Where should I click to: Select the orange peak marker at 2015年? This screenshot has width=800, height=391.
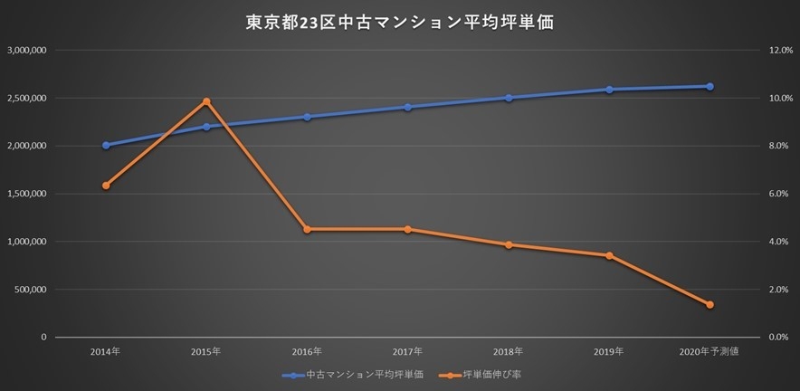point(206,101)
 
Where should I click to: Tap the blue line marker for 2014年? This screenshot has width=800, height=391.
point(106,145)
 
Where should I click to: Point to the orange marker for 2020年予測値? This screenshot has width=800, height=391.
point(710,305)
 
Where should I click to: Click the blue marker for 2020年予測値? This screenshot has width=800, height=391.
point(710,87)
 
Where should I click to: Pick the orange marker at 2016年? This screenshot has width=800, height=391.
point(307,229)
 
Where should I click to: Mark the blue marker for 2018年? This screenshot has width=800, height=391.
point(509,98)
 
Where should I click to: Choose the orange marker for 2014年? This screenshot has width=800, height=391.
point(106,186)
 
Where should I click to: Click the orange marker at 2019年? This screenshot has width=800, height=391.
point(609,255)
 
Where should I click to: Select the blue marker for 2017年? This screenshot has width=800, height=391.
point(407,108)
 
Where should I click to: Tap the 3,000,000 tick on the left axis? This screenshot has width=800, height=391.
point(26,50)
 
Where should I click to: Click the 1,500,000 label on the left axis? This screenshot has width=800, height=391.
point(26,194)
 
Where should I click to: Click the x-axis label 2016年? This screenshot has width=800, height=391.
point(307,351)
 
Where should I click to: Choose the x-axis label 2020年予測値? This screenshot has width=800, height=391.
point(710,351)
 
